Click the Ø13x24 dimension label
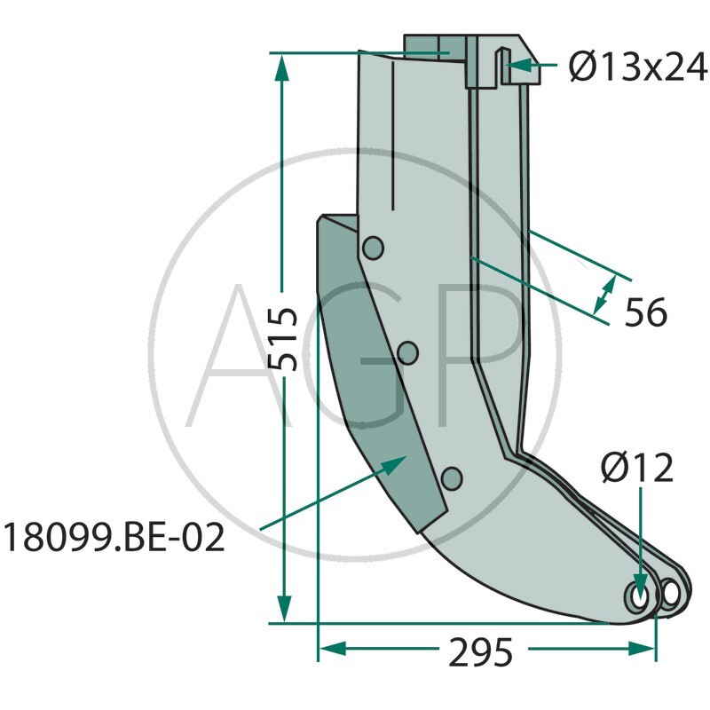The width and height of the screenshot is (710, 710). point(638,67)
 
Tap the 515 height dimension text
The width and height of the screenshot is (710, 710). point(282,339)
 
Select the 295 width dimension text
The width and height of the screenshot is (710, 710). point(480,652)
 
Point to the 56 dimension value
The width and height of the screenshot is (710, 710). point(646,312)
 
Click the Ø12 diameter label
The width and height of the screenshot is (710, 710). point(637,469)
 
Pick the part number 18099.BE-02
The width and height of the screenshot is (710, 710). point(114,538)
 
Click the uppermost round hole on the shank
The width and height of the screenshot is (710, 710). point(373,248)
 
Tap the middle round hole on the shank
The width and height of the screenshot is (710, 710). point(407,353)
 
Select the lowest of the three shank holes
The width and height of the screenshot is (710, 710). point(452,478)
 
